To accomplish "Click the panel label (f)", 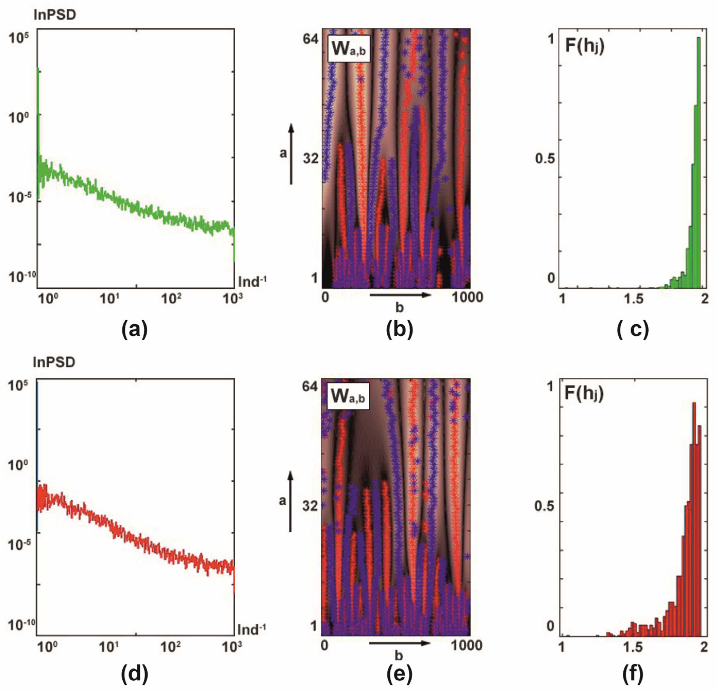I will tap(633, 673).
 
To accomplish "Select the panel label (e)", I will tap(399, 673).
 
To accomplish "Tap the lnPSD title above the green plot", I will tap(55, 15).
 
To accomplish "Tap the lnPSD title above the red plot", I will tap(54, 362).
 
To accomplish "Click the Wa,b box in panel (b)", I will tap(348, 48).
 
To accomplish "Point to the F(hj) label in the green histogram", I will tap(585, 47).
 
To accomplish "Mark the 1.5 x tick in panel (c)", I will tap(634, 299).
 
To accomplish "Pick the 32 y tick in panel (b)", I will tap(311, 159).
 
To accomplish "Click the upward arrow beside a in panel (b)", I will tap(291, 154).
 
